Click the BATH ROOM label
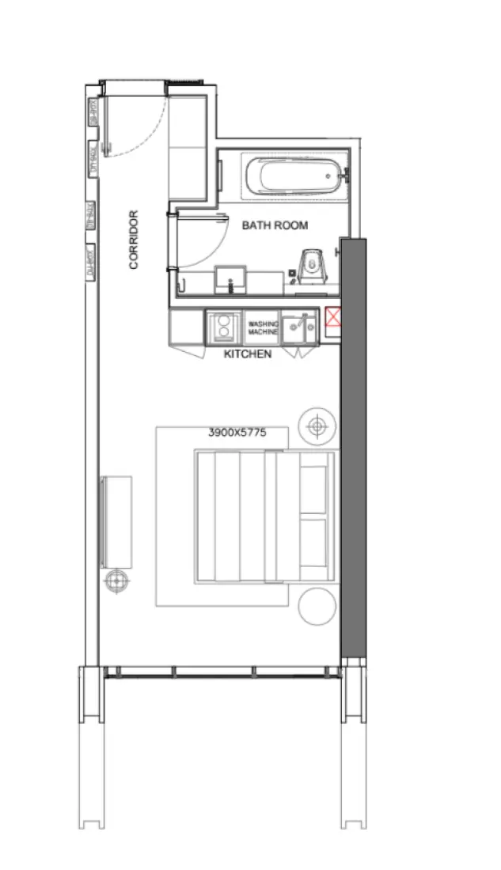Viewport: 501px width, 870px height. tap(275, 225)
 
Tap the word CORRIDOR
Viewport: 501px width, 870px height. tap(134, 240)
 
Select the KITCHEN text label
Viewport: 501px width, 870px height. tap(248, 354)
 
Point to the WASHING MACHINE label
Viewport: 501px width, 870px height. tap(264, 328)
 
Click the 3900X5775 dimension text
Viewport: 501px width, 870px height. tap(237, 433)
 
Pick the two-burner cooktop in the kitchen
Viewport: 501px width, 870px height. tap(224, 327)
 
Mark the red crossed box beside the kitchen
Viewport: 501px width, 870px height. tap(333, 319)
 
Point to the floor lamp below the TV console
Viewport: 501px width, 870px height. tap(116, 581)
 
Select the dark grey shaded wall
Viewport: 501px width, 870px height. tap(354, 447)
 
